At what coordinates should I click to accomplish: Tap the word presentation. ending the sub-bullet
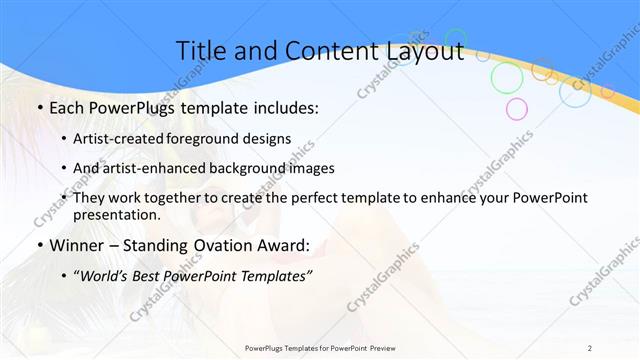[x=116, y=214]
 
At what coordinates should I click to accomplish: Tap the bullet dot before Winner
[x=39, y=246]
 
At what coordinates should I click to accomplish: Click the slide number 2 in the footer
[x=589, y=348]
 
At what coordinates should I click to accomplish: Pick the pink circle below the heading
[x=516, y=108]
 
